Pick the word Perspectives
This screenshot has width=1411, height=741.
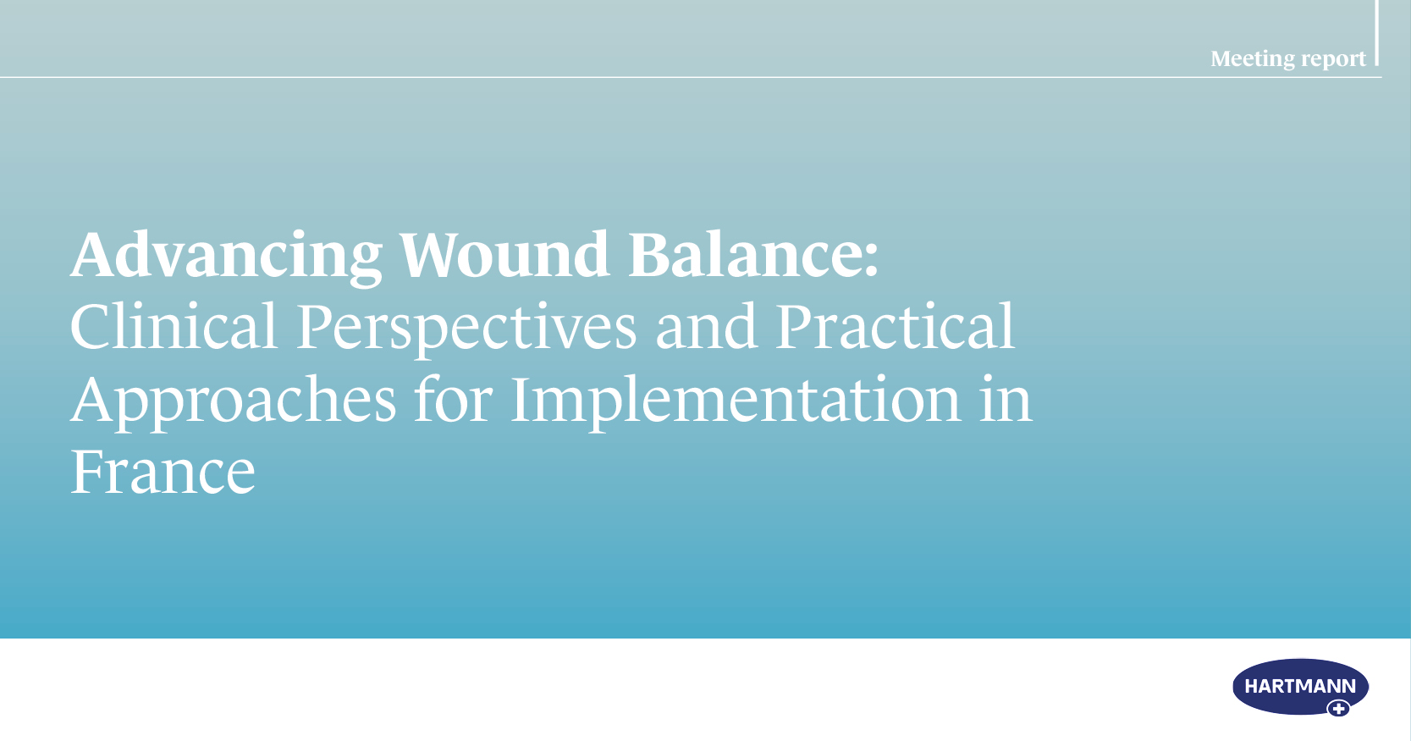coord(466,329)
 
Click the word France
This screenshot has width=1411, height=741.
coord(163,472)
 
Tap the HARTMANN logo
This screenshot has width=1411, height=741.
coord(1300,688)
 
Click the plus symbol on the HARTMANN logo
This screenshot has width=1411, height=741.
coord(1338,709)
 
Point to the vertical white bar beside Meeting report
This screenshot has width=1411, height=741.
coord(1377,33)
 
